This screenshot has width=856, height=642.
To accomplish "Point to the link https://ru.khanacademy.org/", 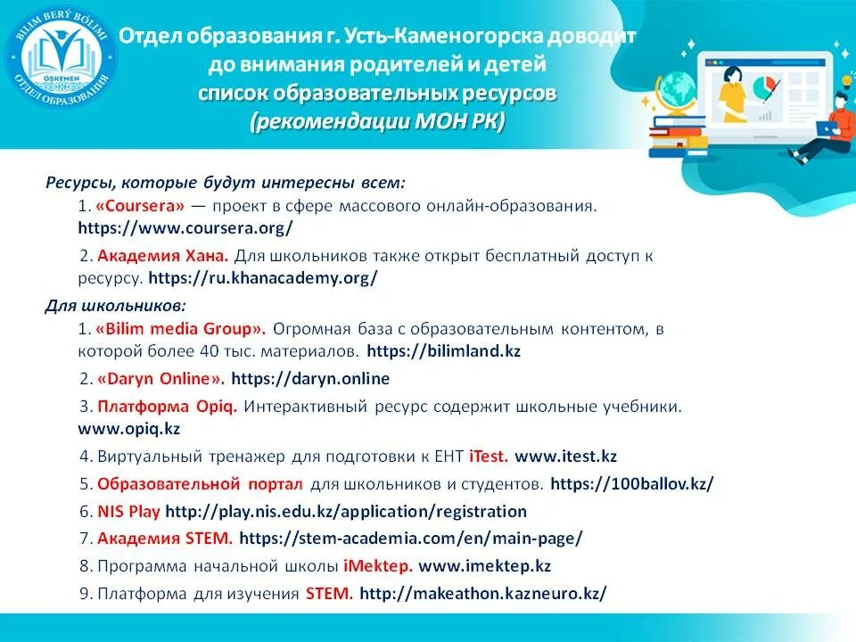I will point(262,277).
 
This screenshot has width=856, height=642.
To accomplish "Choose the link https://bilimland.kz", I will point(443,350).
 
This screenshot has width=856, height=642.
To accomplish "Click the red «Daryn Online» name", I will point(161,378).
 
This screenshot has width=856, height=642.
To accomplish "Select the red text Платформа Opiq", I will point(167,407).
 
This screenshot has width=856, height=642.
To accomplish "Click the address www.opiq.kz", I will point(129,428).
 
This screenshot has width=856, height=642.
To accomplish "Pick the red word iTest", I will point(488,456).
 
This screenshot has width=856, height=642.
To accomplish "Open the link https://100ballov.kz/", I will point(632,484).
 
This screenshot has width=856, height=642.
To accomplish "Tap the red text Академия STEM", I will point(165,539).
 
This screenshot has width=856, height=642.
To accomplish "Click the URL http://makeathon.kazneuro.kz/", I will point(483,594).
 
